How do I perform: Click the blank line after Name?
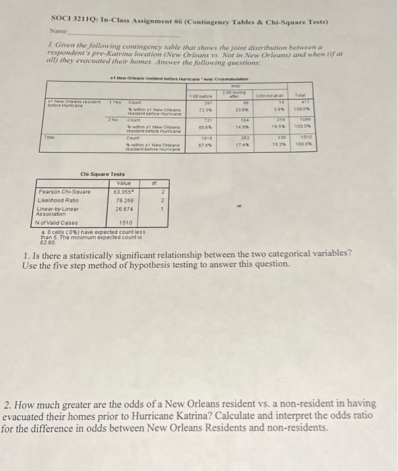pos(121,33)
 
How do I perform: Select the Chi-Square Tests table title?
pos(104,175)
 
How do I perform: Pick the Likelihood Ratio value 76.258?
pos(124,199)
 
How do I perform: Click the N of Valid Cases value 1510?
pos(125,222)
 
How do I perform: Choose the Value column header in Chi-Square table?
pos(124,182)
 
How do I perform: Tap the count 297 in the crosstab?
pos(207,103)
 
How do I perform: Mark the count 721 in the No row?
pos(207,120)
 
